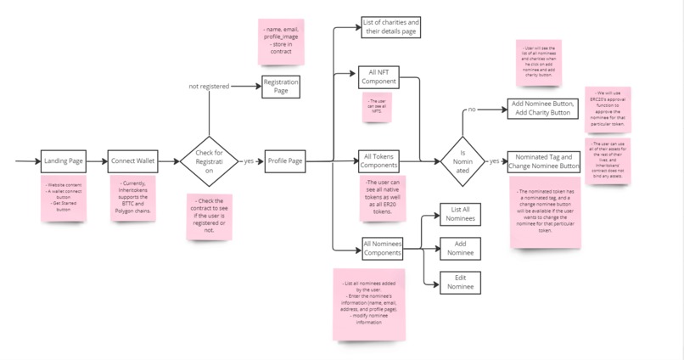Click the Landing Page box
pyautogui.click(x=64, y=160)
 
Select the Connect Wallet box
pyautogui.click(x=133, y=160)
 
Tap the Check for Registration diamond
pyautogui.click(x=209, y=160)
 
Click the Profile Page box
pyautogui.click(x=285, y=160)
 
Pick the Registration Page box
pyautogui.click(x=280, y=87)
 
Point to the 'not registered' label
pyautogui.click(x=209, y=86)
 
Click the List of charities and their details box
pyautogui.click(x=390, y=26)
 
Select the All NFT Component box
pyautogui.click(x=378, y=77)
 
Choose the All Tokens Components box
pyautogui.click(x=378, y=160)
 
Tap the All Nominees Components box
pyautogui.click(x=382, y=249)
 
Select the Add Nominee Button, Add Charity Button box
pyautogui.click(x=543, y=108)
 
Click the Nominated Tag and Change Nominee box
pyautogui.click(x=543, y=161)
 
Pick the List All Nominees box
pyautogui.click(x=460, y=214)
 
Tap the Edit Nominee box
pyautogui.click(x=460, y=283)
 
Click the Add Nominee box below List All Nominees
pyautogui.click(x=460, y=248)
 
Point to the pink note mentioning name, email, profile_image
pyautogui.click(x=281, y=42)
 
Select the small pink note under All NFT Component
pyautogui.click(x=377, y=107)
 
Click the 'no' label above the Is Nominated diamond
pyautogui.click(x=472, y=110)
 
